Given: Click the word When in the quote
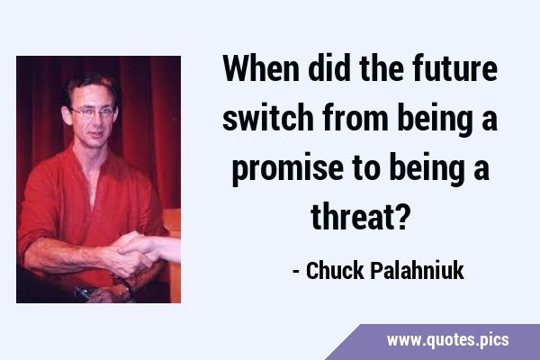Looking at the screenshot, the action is [261, 67].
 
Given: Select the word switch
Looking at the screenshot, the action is [267, 118].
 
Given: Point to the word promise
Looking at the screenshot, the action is [287, 168].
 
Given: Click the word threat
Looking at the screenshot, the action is [352, 217].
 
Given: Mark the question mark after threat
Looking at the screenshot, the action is [401, 217].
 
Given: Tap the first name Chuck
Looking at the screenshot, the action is [335, 270].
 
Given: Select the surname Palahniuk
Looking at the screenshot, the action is [417, 270].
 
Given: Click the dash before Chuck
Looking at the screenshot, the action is [295, 272].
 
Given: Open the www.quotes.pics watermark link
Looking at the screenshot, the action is [447, 340].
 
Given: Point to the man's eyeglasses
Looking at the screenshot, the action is [93, 112].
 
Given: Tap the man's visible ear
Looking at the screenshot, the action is [67, 115].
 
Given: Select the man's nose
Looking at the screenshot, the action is [95, 121].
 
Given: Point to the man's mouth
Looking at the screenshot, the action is [95, 135].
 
